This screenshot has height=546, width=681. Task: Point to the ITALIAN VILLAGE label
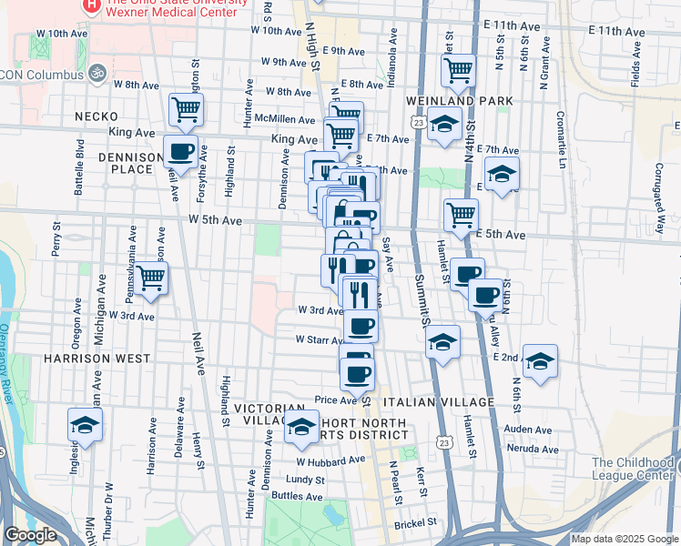point(438,401)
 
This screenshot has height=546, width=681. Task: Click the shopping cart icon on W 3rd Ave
point(152,278)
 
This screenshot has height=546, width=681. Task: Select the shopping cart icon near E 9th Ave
point(458,69)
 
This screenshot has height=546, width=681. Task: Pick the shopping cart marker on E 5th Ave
point(462,215)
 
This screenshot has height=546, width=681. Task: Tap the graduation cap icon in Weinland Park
point(443,125)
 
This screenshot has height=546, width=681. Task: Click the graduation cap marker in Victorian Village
point(300,427)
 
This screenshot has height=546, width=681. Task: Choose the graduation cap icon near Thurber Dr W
point(85,424)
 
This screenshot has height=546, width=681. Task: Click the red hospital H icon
point(90,5)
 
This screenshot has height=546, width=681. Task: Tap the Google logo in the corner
point(30,535)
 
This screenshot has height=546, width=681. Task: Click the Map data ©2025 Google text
point(624,539)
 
